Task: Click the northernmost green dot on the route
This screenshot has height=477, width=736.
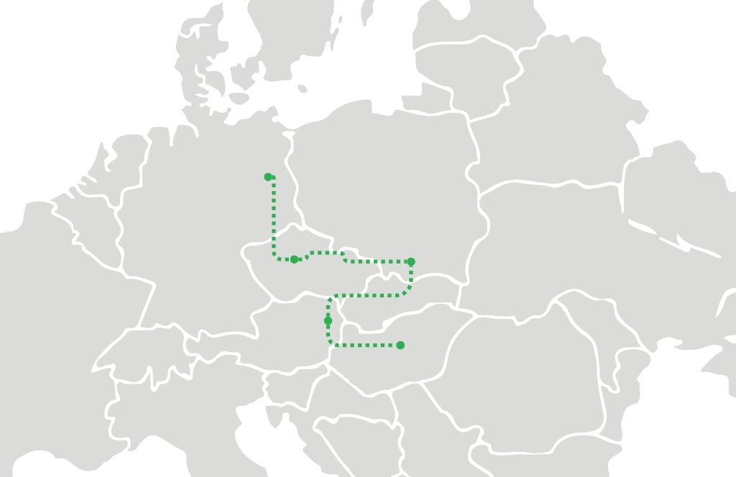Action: pyautogui.click(x=268, y=177)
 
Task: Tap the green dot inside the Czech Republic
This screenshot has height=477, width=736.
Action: pyautogui.click(x=294, y=259)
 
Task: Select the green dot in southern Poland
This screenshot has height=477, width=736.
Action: pyautogui.click(x=411, y=261)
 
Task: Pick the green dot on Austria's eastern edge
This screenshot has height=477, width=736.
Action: pyautogui.click(x=328, y=320)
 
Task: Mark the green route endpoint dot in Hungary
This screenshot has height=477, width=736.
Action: pyautogui.click(x=400, y=346)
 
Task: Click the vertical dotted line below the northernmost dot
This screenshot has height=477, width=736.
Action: pyautogui.click(x=274, y=216)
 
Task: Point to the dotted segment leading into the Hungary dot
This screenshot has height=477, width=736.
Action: pyautogui.click(x=367, y=346)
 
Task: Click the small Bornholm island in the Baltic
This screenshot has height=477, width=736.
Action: pyautogui.click(x=302, y=89)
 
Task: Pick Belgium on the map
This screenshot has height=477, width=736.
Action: pyautogui.click(x=90, y=223)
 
